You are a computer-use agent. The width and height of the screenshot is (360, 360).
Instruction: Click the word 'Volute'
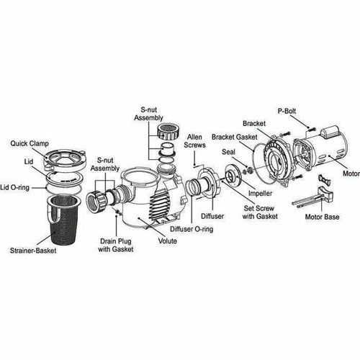tap(166, 242)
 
